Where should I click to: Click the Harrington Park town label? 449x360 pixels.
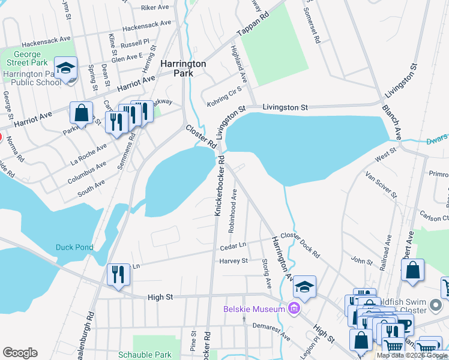[183, 68]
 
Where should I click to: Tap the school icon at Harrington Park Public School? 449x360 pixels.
[66, 68]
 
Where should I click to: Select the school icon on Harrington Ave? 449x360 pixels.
[305, 288]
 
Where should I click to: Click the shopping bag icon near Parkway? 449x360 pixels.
[81, 113]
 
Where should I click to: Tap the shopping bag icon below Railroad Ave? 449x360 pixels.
[412, 270]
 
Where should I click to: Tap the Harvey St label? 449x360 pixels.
[235, 261]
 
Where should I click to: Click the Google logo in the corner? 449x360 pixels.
[20, 353]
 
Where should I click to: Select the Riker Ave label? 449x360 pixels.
[155, 8]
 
